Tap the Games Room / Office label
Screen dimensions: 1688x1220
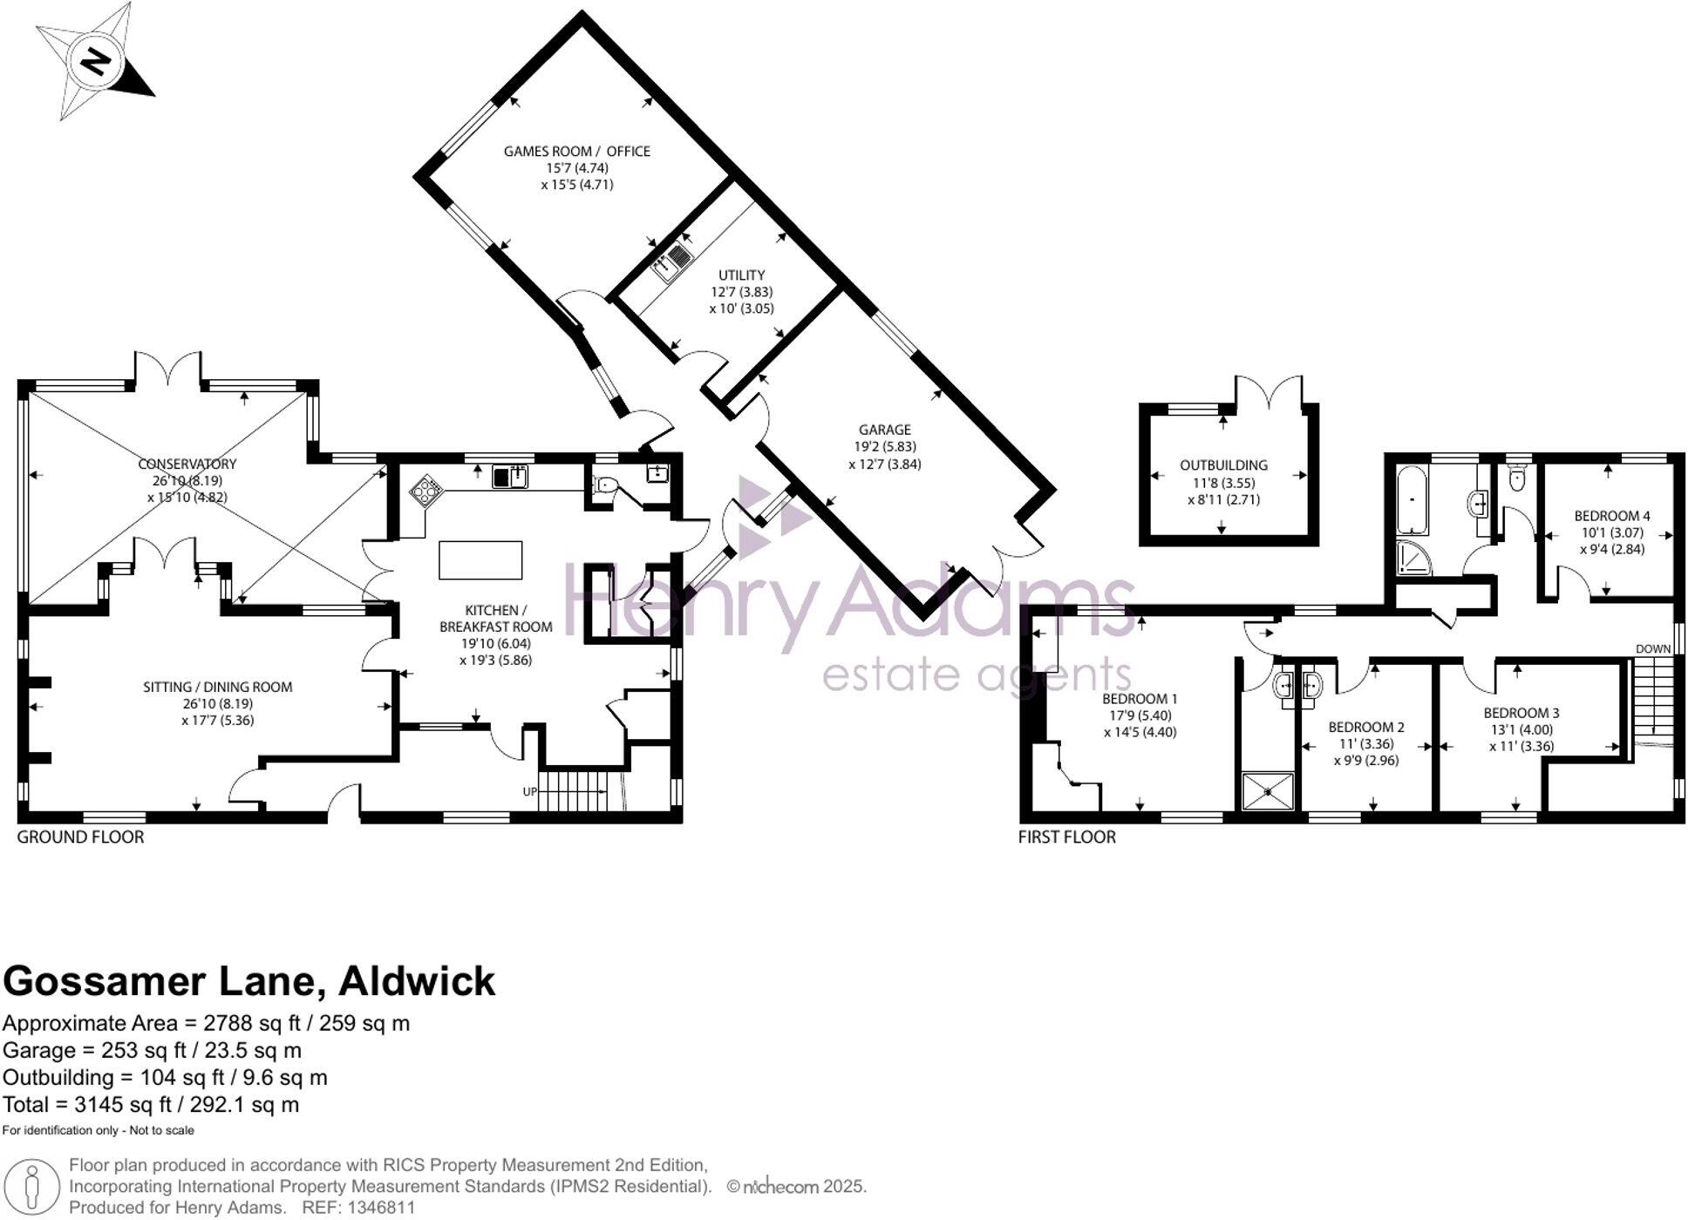(x=577, y=152)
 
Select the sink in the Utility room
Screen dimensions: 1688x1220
(x=671, y=261)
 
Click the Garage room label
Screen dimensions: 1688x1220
(x=885, y=430)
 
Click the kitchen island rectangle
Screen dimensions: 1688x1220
(x=480, y=560)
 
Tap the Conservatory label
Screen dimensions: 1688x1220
(x=187, y=464)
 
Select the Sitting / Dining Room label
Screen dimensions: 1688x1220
(x=218, y=688)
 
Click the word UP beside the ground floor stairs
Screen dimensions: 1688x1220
(x=530, y=792)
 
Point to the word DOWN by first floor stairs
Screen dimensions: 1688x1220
(x=1653, y=649)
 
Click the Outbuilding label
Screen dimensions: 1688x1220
(x=1224, y=466)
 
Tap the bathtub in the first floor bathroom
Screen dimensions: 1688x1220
(x=1412, y=500)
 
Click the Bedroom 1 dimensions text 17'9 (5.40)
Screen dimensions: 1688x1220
(x=1140, y=715)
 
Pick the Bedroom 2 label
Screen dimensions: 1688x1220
(x=1366, y=728)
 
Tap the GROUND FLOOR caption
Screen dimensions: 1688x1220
(x=80, y=837)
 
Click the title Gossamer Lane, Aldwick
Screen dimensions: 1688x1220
(x=249, y=982)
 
